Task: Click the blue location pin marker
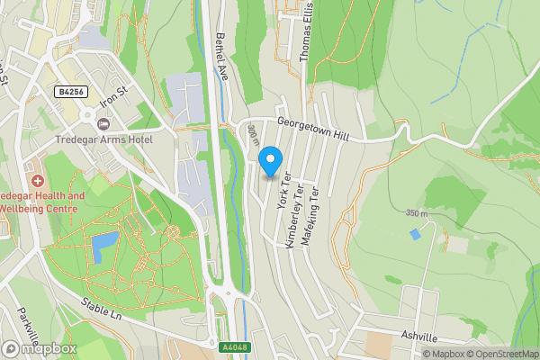pyautogui.click(x=268, y=162)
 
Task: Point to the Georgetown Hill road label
pyautogui.click(x=312, y=130)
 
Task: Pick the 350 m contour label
pyautogui.click(x=416, y=213)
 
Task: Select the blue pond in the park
pyautogui.click(x=104, y=243)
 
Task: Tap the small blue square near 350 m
pyautogui.click(x=414, y=233)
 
